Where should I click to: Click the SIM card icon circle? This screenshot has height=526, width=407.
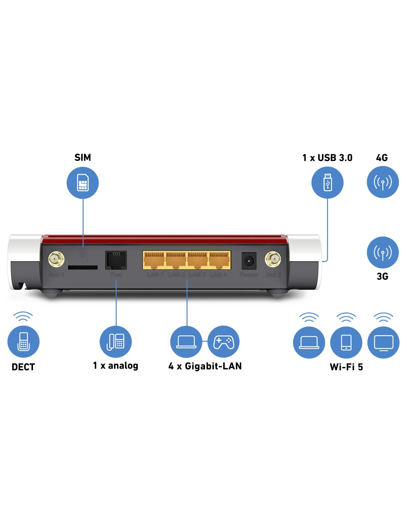coord(83,183)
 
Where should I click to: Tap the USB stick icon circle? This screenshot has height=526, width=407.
coord(327,182)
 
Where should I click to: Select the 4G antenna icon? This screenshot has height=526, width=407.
coord(383,182)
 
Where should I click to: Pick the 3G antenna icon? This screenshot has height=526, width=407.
coord(383,253)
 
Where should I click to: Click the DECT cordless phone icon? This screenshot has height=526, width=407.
coord(23,342)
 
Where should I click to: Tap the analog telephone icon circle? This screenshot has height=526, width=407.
coord(116,342)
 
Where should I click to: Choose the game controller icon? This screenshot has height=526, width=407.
coord(223,342)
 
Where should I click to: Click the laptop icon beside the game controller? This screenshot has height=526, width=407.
coord(186,342)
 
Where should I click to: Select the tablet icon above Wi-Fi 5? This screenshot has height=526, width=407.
coord(346,343)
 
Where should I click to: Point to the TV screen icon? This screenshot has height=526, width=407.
coord(383,343)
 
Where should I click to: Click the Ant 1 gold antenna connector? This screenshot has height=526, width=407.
coord(56,259)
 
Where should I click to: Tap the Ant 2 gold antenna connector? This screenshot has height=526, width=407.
coord(273,259)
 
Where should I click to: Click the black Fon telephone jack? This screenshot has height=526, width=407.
coord(116,260)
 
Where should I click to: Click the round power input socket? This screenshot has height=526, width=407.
coord(249,261)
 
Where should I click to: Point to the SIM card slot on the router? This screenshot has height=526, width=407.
coord(83,267)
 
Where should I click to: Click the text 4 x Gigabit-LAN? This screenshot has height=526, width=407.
coord(205,366)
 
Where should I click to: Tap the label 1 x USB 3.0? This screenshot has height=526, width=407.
coord(327,158)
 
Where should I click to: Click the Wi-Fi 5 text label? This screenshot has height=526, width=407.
coord(346,367)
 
